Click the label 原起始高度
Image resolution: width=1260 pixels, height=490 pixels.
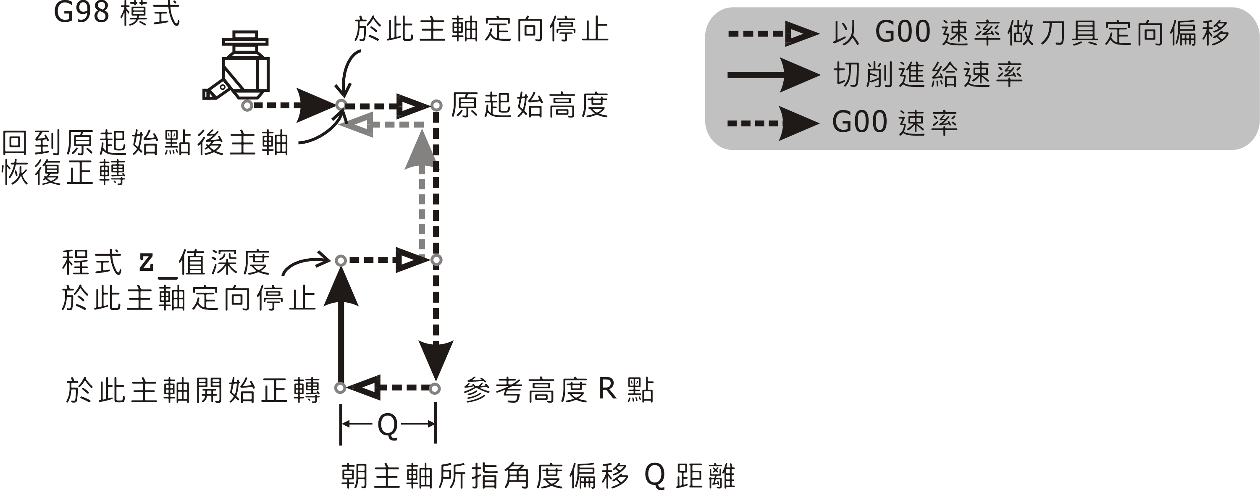coord(529,105)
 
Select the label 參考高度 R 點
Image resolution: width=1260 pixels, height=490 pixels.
coord(558,390)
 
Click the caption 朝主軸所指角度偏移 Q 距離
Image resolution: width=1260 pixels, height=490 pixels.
coord(538,475)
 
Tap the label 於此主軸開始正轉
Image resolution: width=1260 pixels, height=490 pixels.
coord(193,390)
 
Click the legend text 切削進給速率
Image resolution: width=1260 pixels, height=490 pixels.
coord(928,75)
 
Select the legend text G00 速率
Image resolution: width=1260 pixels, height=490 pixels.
coord(895,122)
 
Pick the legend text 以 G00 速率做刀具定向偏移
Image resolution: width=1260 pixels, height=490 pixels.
coord(1031,32)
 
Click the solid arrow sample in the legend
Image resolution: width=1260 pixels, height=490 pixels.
coord(773,75)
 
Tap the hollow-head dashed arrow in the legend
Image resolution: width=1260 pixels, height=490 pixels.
coord(773,34)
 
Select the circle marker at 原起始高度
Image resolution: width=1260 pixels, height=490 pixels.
coord(436,105)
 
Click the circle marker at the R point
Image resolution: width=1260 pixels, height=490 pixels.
coord(435,388)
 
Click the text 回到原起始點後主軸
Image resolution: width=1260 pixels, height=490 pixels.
coord(145,143)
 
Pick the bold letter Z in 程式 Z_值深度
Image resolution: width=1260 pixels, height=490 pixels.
coord(146,262)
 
